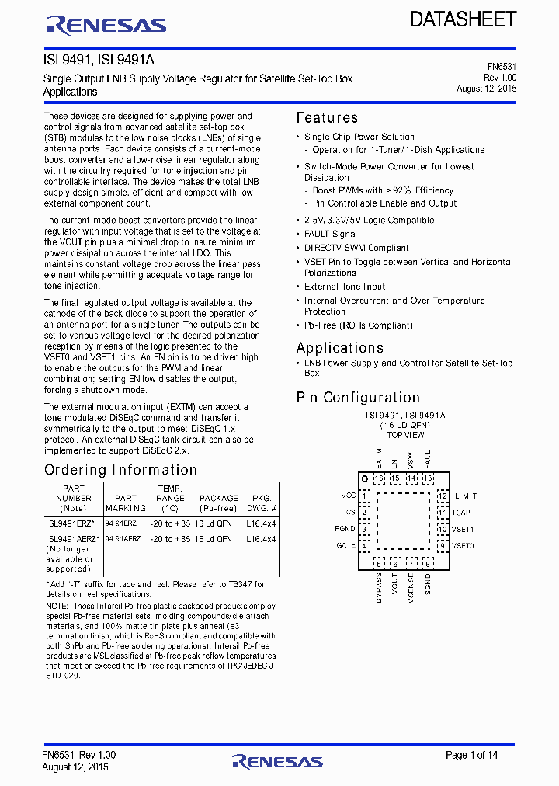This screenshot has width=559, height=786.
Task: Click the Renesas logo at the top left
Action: tap(106, 26)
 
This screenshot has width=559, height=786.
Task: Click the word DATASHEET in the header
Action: tap(463, 19)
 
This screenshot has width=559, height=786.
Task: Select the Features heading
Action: tap(327, 118)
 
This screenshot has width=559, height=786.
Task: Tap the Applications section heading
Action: tap(339, 347)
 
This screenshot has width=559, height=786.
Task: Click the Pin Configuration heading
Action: tap(358, 397)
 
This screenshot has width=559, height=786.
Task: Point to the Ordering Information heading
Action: tap(120, 470)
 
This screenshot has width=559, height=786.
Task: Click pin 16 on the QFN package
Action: tap(379, 478)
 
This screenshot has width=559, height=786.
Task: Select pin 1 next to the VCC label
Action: tap(365, 495)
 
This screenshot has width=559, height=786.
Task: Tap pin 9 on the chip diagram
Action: tap(441, 546)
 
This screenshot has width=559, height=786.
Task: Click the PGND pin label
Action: tap(345, 529)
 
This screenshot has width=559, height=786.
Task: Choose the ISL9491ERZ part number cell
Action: tap(70, 524)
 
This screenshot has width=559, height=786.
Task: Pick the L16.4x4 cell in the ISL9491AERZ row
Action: tap(261, 539)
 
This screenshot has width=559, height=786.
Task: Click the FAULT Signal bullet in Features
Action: tap(331, 234)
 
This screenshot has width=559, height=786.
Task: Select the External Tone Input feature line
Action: tap(345, 287)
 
